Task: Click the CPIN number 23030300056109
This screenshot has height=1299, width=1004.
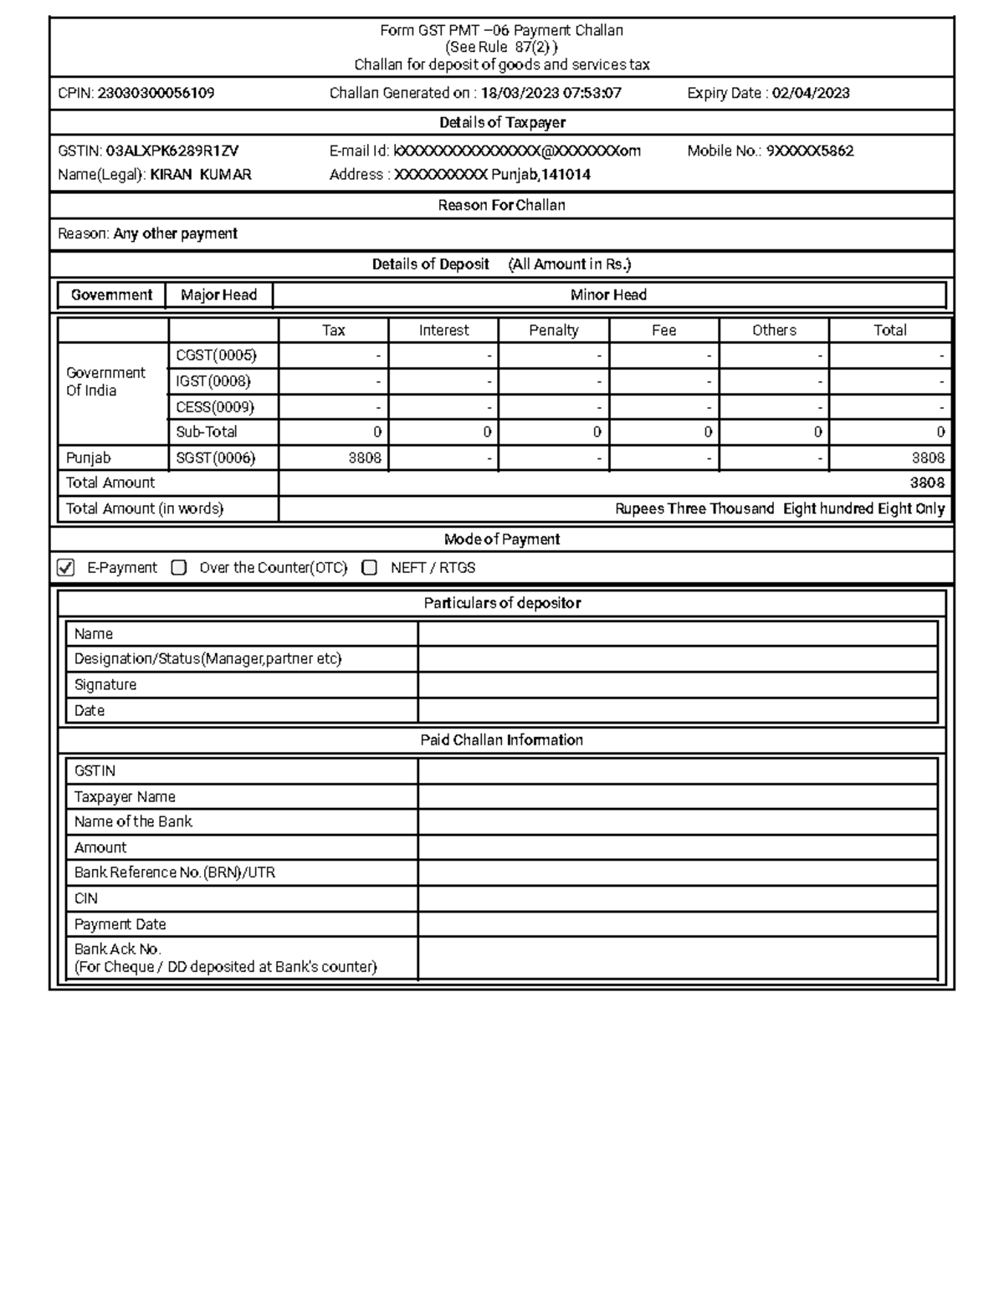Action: click(x=156, y=93)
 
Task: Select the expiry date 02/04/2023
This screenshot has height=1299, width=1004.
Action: click(x=810, y=93)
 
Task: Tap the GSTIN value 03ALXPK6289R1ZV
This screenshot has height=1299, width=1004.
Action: click(x=172, y=151)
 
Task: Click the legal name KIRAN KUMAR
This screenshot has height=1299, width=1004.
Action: click(x=200, y=174)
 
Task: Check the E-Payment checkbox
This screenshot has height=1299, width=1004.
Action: click(x=65, y=568)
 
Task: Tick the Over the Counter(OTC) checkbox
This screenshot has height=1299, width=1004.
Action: click(x=178, y=568)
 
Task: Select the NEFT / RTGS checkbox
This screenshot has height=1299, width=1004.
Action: click(x=369, y=568)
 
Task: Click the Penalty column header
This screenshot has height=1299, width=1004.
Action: click(x=553, y=330)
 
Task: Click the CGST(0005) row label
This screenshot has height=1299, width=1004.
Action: click(x=216, y=355)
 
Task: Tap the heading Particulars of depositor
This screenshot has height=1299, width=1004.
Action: click(x=502, y=603)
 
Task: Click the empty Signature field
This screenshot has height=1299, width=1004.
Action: click(x=677, y=685)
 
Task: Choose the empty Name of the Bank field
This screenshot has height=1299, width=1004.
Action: click(x=677, y=822)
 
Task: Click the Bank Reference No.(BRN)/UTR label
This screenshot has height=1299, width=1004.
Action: click(x=174, y=872)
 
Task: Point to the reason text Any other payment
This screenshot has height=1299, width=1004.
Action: click(x=175, y=233)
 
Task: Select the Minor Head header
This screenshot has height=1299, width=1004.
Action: click(x=608, y=294)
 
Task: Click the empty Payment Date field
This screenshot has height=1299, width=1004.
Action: click(x=677, y=924)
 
